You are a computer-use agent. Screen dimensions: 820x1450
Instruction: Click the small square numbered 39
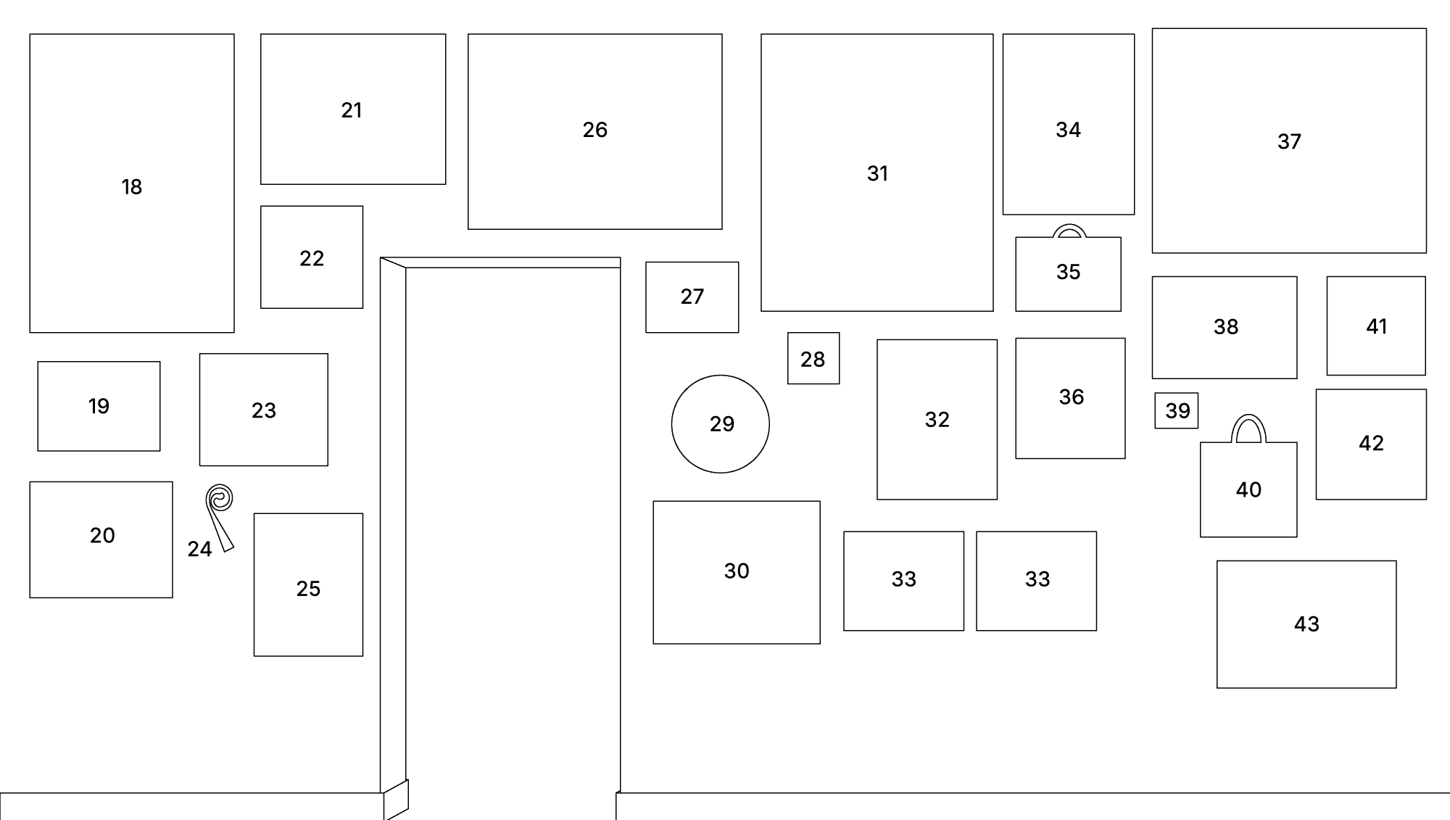[x=1176, y=410]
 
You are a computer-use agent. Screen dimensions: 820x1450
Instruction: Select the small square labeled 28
[x=813, y=358]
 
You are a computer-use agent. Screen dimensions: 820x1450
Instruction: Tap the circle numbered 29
[x=720, y=424]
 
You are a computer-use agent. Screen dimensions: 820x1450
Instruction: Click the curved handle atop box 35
[x=1069, y=231]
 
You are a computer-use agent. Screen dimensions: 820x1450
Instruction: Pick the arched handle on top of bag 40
[x=1248, y=426]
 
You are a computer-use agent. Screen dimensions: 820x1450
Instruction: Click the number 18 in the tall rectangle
[x=132, y=187]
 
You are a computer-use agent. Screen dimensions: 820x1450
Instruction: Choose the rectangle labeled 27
[x=692, y=297]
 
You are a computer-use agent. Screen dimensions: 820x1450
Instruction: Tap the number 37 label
[x=1289, y=141]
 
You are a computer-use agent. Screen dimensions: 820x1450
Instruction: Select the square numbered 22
[x=312, y=257]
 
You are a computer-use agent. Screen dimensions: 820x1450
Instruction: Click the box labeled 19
[x=99, y=406]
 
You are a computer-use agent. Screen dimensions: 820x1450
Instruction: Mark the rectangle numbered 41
[x=1376, y=326]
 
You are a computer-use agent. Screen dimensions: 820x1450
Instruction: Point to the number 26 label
[x=595, y=130]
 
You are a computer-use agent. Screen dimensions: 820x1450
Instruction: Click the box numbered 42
[x=1371, y=444]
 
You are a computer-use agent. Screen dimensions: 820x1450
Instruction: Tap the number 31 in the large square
[x=877, y=173]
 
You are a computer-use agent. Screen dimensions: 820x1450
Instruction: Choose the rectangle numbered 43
[x=1306, y=624]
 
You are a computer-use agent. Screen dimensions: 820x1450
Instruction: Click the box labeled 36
[x=1070, y=398]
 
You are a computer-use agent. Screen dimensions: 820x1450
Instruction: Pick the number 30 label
[x=737, y=571]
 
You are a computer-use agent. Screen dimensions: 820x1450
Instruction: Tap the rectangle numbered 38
[x=1225, y=327]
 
